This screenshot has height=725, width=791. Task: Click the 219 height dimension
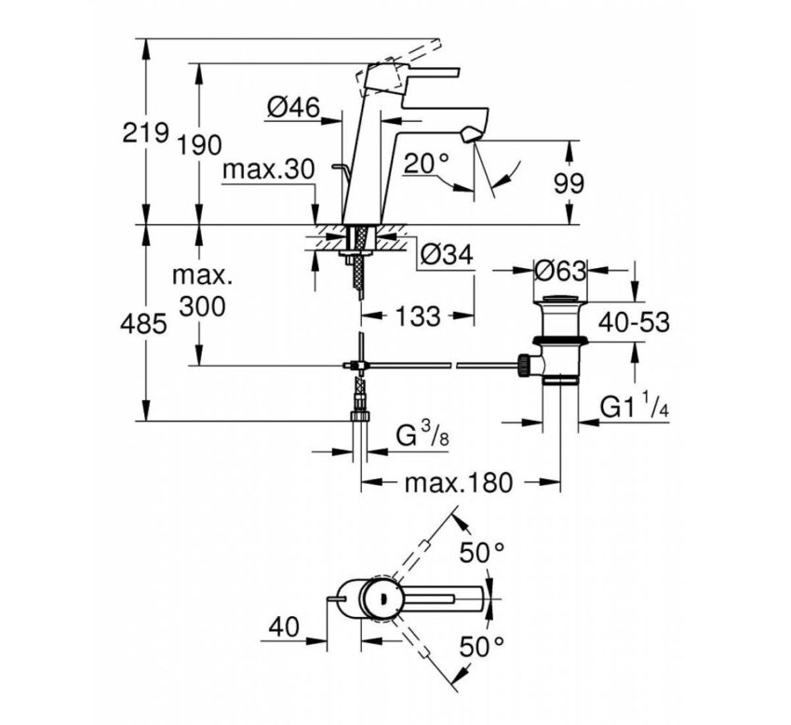[x=146, y=133]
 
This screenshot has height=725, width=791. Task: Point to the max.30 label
[x=269, y=169]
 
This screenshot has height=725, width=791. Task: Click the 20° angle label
[x=426, y=164]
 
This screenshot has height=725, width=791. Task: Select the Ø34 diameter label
[x=446, y=253]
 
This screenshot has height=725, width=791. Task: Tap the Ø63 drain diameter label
[x=561, y=271]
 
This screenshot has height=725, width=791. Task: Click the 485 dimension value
[x=146, y=324]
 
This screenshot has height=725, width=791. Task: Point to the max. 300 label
[x=199, y=291]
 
